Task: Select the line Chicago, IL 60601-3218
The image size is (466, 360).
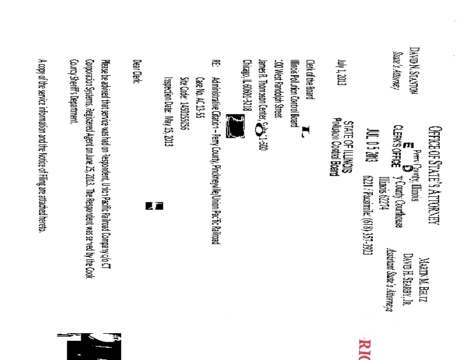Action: (x=246, y=87)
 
